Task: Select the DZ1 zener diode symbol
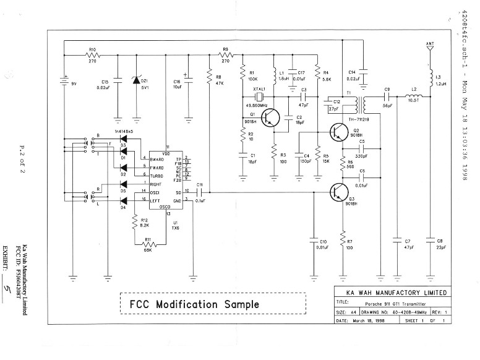137,80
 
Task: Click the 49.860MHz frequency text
255,105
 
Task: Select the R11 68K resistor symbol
147,245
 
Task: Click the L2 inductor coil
414,97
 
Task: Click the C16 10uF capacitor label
176,84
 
